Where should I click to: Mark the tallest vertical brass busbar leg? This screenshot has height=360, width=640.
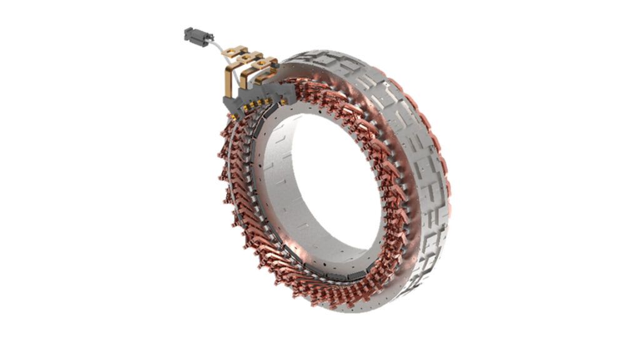click(x=228, y=81)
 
